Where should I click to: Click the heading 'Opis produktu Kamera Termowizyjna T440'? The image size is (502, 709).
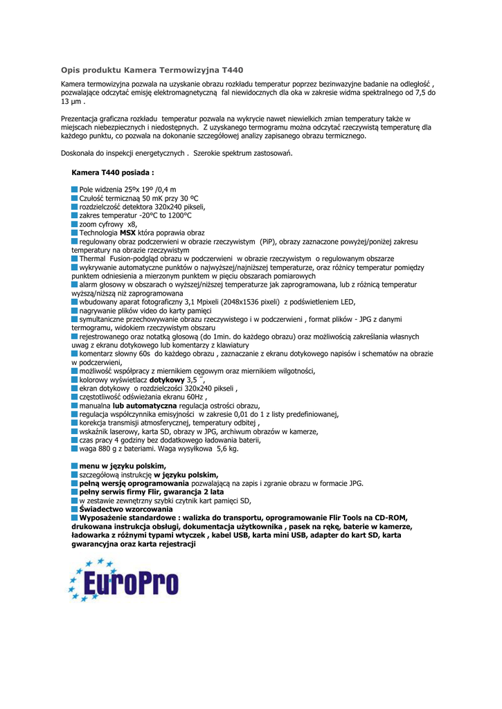(x=152, y=70)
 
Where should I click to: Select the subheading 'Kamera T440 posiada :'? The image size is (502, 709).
(x=112, y=172)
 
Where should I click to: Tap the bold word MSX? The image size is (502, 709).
(x=128, y=233)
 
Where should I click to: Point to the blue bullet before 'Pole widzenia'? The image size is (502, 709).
(x=75, y=189)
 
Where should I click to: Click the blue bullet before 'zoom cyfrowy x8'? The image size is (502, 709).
(x=75, y=224)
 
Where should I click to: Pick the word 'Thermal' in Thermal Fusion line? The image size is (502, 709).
(x=93, y=258)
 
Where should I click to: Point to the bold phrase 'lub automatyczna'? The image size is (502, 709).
(x=144, y=406)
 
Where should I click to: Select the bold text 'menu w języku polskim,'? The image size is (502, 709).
(x=122, y=466)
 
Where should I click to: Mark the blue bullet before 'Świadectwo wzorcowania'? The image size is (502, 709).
(x=75, y=509)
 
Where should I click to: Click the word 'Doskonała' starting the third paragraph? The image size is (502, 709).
(x=79, y=153)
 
